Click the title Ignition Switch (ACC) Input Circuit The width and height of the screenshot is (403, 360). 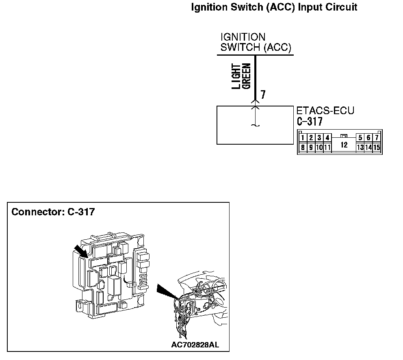coord(274,7)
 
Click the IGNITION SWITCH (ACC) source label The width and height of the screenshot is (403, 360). coord(256,43)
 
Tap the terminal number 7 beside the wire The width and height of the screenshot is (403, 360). coord(263,95)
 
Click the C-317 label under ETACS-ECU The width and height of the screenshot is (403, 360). coord(310,121)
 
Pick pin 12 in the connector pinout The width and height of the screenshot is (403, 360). coord(344,144)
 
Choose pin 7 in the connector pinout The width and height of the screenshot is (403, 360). coord(377,138)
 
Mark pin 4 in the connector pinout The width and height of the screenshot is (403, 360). coord(327,138)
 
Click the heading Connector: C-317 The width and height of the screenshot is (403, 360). coord(53,212)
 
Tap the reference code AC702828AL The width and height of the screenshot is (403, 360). coord(195,345)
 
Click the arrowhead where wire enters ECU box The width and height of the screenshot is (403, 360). coord(255,106)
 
